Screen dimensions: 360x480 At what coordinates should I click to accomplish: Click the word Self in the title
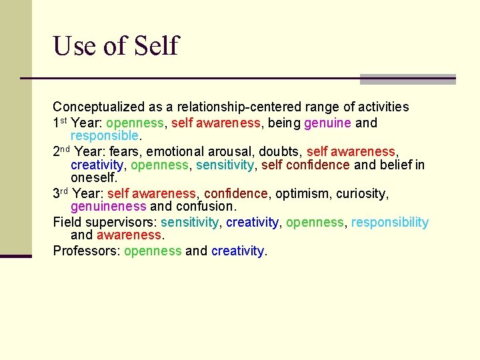click(x=157, y=46)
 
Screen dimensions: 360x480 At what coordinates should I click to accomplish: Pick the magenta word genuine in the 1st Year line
click(x=327, y=123)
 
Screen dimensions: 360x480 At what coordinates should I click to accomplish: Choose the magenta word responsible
click(x=105, y=136)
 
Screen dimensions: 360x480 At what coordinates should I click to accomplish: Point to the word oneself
click(x=93, y=178)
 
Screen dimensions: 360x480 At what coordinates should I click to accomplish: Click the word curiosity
click(x=363, y=193)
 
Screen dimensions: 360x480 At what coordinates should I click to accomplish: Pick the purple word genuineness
click(x=108, y=207)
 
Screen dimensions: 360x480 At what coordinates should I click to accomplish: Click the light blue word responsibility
click(x=390, y=222)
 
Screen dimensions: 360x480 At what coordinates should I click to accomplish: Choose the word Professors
click(x=86, y=251)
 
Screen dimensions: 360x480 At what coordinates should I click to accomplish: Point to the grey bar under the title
click(x=407, y=79)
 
